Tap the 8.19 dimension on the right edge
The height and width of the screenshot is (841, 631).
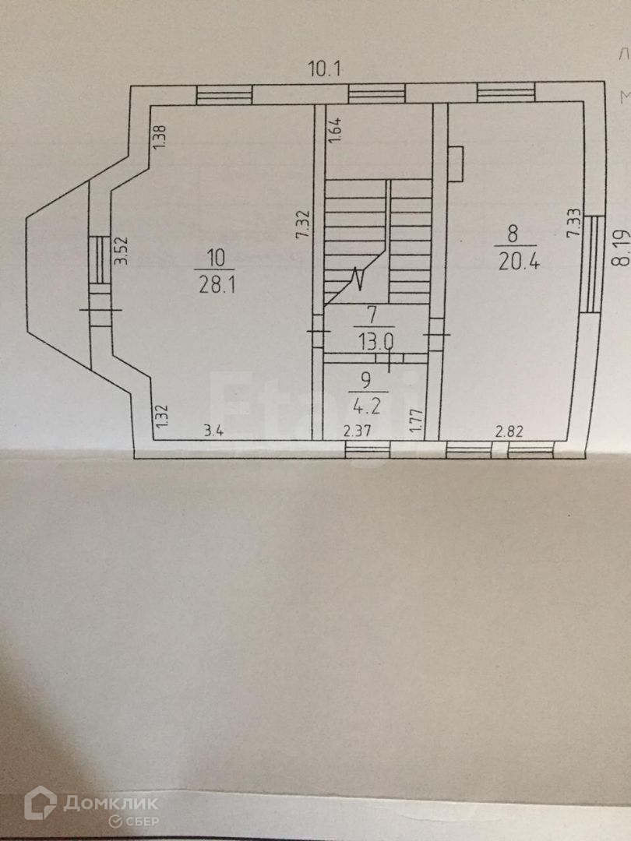(x=619, y=248)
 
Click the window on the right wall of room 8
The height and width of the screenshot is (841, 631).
(x=594, y=263)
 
